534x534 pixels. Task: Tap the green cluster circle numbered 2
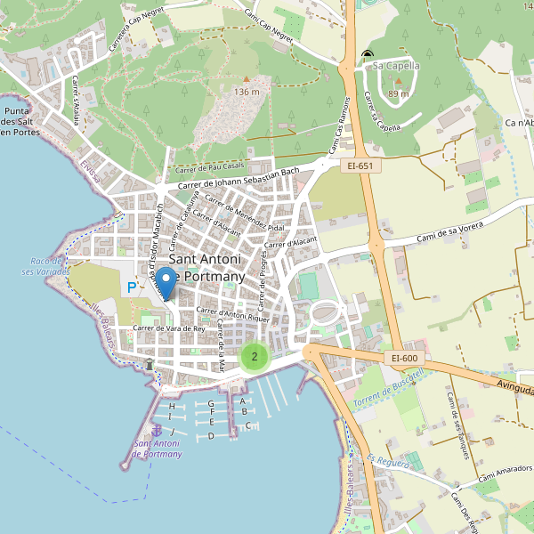255,358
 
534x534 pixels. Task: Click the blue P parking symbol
132,287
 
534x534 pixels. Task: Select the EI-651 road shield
360,165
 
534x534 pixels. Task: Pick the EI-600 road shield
404,358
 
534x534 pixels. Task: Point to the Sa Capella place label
396,65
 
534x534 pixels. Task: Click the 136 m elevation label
247,92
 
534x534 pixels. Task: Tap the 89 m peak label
399,93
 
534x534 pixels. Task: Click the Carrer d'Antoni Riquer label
232,313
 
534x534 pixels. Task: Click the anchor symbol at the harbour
158,431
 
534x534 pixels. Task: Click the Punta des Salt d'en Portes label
21,121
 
